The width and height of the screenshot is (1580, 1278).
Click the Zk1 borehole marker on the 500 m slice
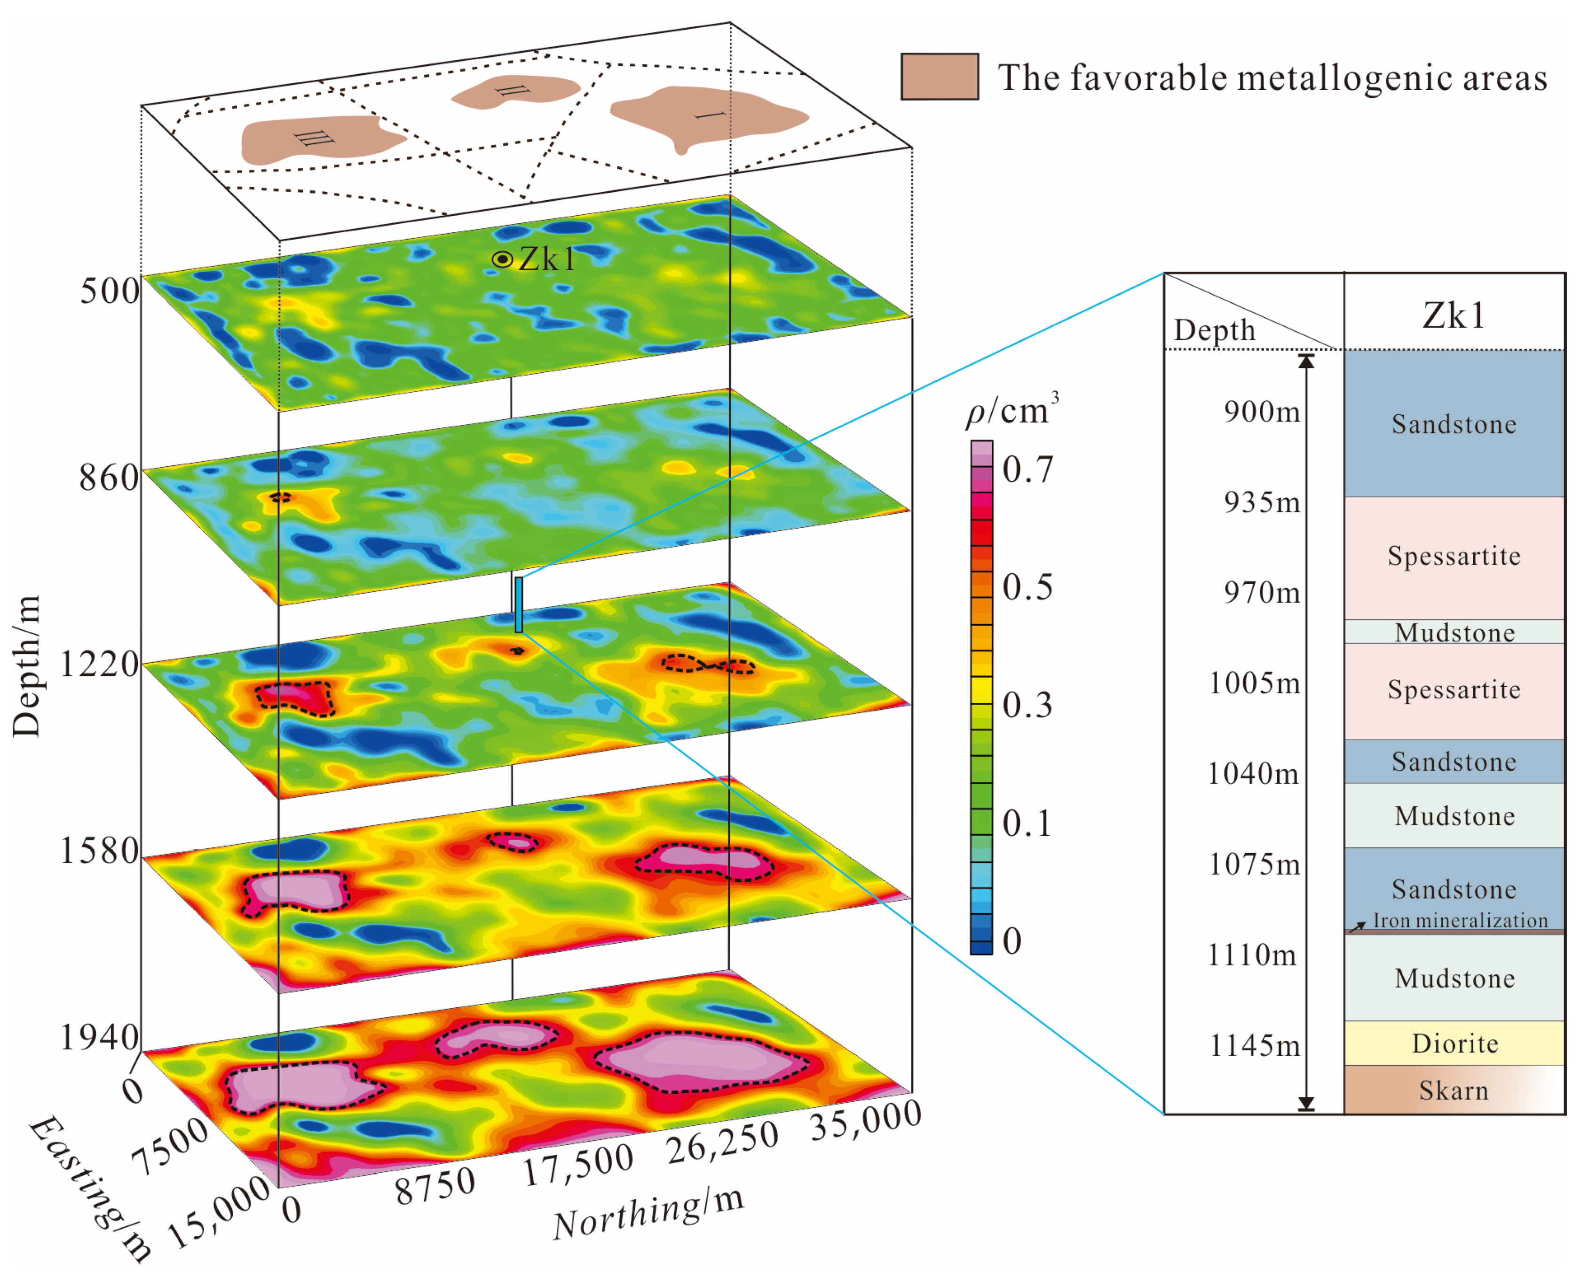click(502, 259)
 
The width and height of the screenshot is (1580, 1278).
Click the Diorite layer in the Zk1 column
click(1454, 1043)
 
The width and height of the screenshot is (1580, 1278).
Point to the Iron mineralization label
click(1459, 920)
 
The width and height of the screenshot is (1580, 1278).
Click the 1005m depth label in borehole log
click(1254, 683)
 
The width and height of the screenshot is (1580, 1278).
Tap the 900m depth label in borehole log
click(1261, 412)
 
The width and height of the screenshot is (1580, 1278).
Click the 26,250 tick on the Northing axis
click(722, 1142)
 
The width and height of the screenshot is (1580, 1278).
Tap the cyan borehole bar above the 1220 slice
click(519, 604)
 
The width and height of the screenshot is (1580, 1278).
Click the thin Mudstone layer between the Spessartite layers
click(1454, 632)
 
